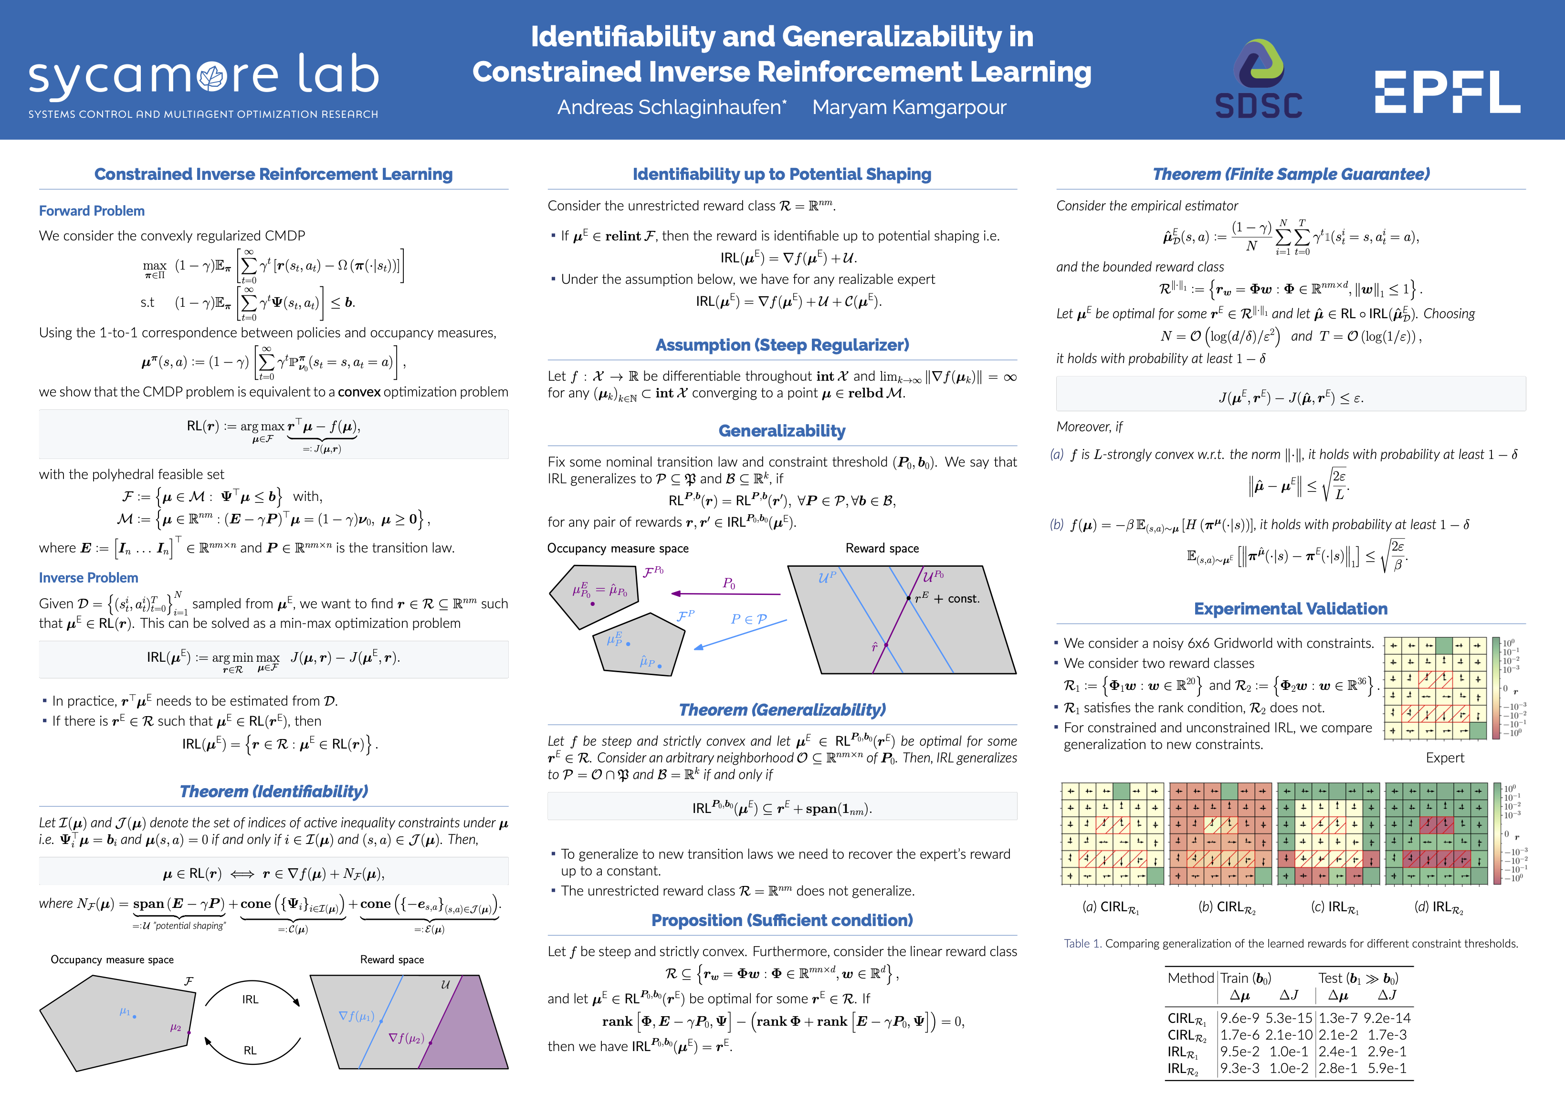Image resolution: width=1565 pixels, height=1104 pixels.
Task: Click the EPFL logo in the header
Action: [x=1447, y=92]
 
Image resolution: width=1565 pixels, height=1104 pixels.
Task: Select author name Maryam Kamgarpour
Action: [x=909, y=108]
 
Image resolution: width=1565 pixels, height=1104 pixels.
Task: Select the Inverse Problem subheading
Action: [x=89, y=578]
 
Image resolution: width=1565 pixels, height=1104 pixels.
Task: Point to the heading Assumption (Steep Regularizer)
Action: [x=782, y=345]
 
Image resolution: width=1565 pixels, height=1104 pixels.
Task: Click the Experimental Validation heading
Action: [x=1290, y=609]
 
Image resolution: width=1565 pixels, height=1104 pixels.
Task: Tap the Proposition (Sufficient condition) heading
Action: [x=782, y=921]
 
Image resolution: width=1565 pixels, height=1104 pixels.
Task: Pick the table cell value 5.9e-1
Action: [x=1386, y=1069]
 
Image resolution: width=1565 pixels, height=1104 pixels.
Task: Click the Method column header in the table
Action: [x=1190, y=979]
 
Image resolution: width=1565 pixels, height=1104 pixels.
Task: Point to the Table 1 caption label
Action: [x=1082, y=944]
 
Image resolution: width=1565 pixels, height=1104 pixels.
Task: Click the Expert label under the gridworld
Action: [x=1444, y=758]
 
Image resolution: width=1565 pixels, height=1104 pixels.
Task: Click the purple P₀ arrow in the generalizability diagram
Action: [x=726, y=594]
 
